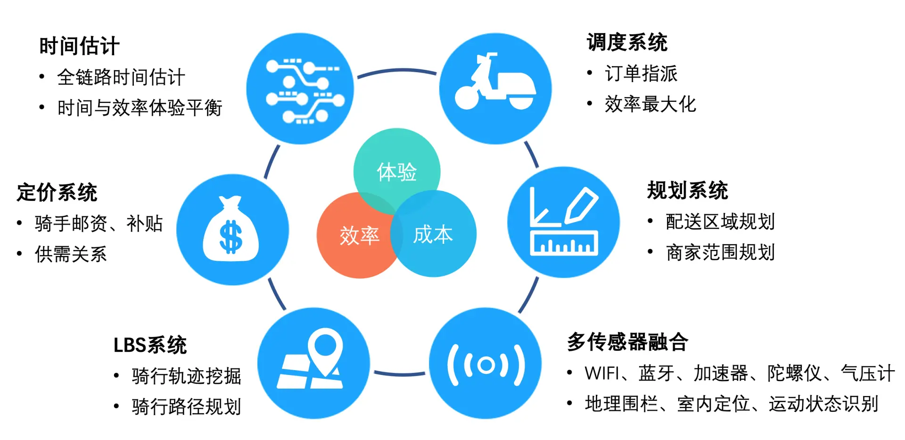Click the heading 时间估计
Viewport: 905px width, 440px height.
79,46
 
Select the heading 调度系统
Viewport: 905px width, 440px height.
627,42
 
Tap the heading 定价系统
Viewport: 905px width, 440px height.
57,192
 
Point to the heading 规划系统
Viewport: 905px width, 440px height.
687,190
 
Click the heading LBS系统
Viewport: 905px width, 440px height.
150,345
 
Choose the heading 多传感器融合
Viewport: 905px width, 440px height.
627,342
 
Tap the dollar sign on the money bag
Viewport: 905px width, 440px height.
231,237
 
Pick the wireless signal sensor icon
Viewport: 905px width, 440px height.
485,365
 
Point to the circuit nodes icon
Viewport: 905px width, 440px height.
302,90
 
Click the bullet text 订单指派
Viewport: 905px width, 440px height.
641,74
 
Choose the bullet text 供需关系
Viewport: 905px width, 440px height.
71,254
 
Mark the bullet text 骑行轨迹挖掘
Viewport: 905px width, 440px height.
186,376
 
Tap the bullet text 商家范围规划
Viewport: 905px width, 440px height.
720,252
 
